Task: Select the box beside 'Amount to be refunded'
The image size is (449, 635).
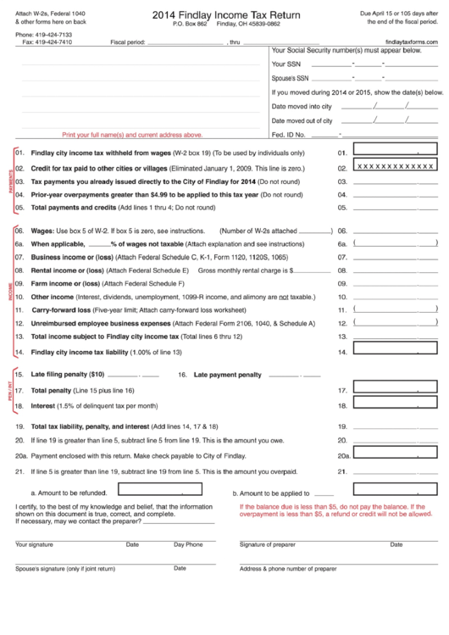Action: [147, 489]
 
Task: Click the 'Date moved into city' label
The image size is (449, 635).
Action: [301, 106]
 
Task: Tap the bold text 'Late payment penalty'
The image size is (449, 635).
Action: [228, 374]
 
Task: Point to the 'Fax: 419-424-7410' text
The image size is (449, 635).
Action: [41, 41]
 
